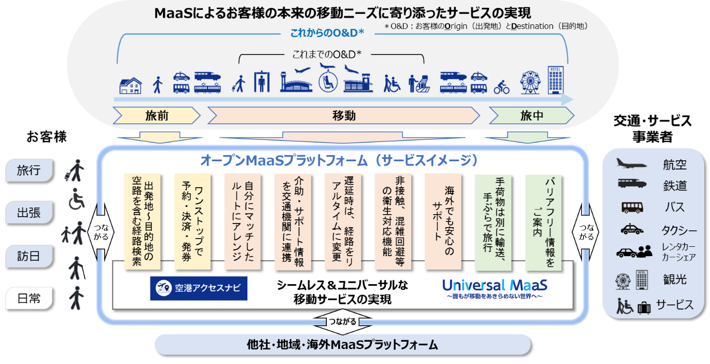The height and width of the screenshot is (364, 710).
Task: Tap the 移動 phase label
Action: tap(343, 115)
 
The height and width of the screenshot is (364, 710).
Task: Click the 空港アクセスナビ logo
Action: tap(199, 288)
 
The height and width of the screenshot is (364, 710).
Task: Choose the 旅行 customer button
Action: tap(29, 171)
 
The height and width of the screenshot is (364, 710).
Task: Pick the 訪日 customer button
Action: tap(29, 256)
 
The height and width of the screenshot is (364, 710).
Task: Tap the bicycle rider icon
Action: tap(502, 87)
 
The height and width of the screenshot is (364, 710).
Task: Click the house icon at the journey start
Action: tap(130, 85)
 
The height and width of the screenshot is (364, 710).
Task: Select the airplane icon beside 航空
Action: tap(631, 164)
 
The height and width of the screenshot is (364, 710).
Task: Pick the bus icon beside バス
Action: tap(632, 207)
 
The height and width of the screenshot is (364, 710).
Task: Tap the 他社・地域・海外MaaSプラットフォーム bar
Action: tap(343, 345)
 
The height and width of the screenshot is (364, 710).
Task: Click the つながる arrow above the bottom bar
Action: tap(343, 321)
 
